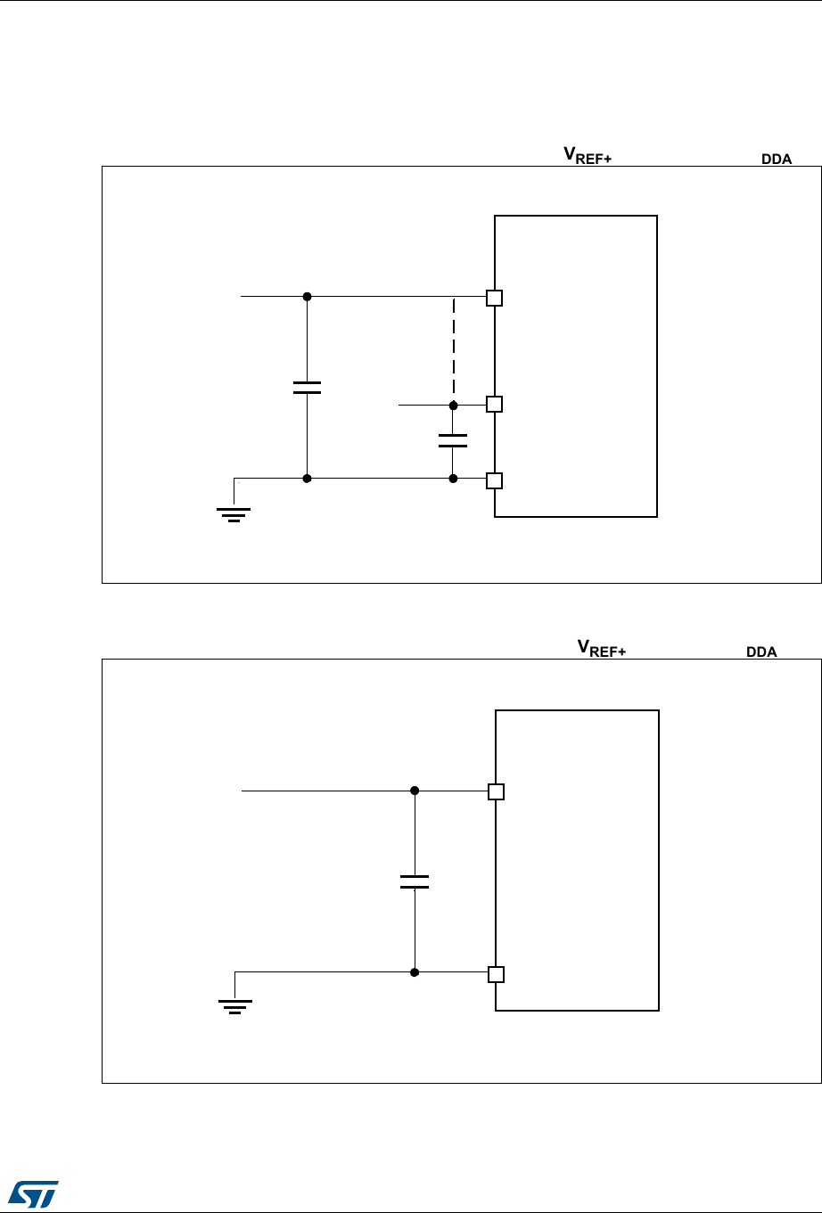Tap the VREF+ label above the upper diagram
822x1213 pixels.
586,155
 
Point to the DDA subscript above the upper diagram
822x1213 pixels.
776,160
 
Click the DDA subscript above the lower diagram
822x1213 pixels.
761,653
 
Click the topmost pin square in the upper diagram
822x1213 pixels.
495,298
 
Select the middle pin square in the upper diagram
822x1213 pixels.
495,404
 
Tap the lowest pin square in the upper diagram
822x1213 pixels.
495,480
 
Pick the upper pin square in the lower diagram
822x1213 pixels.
497,791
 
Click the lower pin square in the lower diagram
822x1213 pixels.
497,974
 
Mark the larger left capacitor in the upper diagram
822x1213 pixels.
307,387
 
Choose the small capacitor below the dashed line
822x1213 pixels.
453,439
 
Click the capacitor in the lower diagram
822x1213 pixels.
415,881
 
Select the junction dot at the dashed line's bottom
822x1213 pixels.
453,404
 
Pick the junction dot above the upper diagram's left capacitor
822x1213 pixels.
307,296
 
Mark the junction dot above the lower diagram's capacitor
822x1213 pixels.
415,791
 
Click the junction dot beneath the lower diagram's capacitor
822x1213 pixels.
415,972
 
